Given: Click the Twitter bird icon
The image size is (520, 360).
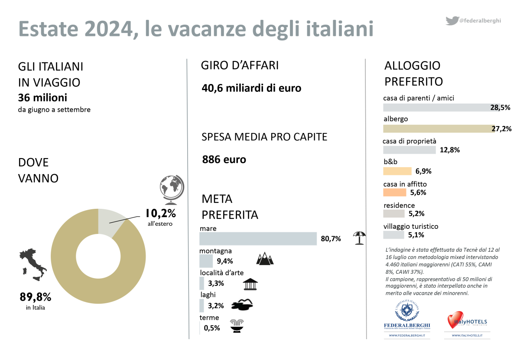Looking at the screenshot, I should [452, 20].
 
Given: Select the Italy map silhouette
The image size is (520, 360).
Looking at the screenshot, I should [32, 264].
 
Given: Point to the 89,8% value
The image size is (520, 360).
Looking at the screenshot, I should [36, 297].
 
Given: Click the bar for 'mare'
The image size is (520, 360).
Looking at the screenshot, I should [258, 239].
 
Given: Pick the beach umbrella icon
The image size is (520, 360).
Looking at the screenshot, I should [359, 238].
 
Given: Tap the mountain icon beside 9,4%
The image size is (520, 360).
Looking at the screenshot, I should [265, 259].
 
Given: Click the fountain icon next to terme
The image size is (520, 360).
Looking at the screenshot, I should [237, 326].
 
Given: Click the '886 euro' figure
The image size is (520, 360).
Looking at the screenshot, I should [224, 159].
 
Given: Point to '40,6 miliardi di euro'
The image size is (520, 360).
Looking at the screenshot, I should [251, 88].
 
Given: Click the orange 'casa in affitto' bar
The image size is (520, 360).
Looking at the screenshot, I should [394, 192].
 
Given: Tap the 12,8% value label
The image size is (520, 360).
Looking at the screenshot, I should [449, 150].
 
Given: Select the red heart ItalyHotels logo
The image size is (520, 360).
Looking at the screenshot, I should [455, 320].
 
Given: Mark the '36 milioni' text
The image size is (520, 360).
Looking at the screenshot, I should [42, 98].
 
